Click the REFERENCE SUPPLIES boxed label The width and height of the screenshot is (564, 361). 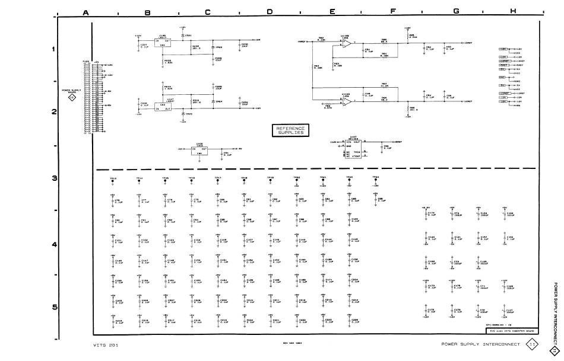(x=290, y=130)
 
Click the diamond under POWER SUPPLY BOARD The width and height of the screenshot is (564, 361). (x=71, y=98)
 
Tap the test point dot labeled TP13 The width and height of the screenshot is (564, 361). (x=113, y=182)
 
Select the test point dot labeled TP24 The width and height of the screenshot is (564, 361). (x=375, y=182)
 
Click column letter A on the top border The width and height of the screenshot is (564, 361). (x=86, y=12)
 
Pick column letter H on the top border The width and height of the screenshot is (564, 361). (x=512, y=12)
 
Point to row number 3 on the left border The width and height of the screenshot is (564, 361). (x=55, y=178)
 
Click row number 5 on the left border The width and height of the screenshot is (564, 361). (x=55, y=306)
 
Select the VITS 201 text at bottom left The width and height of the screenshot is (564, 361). (x=106, y=345)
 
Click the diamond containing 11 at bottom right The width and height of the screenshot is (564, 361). (x=532, y=344)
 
